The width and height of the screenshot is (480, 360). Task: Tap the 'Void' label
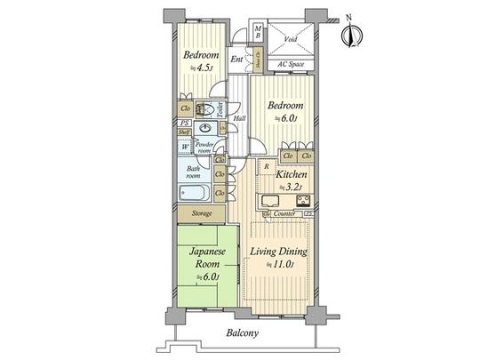click(x=291, y=40)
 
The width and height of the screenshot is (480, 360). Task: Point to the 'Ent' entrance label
click(x=236, y=60)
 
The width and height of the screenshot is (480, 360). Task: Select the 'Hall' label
click(x=239, y=118)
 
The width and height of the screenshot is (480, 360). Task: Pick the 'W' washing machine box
click(x=185, y=148)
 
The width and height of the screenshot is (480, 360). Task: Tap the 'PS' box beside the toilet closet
click(x=184, y=123)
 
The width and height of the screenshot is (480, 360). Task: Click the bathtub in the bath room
click(x=195, y=193)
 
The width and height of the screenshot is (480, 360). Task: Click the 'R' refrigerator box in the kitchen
click(x=266, y=166)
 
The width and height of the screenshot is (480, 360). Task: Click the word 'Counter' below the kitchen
click(x=284, y=214)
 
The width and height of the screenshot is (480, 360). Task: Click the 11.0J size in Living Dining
click(x=285, y=265)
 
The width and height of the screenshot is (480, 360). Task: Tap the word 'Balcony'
click(x=240, y=334)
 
